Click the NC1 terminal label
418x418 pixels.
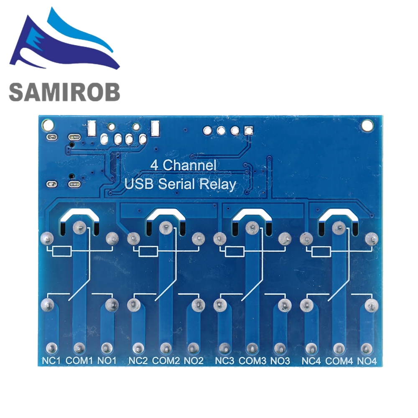pos(51,360)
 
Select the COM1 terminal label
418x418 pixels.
pos(79,360)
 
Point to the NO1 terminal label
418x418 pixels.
pos(107,360)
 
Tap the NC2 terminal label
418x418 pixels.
pos(138,360)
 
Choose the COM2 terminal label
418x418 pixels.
pos(166,360)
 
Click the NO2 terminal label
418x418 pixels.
pos(194,360)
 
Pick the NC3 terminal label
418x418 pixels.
pos(224,360)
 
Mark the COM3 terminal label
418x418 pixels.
pos(252,360)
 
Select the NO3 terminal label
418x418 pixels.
pos(280,360)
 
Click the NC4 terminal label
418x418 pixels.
pos(311,360)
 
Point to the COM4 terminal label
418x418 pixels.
pos(339,360)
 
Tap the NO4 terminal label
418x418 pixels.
pos(367,360)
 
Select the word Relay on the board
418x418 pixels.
pos(217,184)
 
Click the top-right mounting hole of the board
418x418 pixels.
pos(367,125)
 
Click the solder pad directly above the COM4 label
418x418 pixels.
pos(339,347)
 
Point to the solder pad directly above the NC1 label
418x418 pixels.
pos(51,347)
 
